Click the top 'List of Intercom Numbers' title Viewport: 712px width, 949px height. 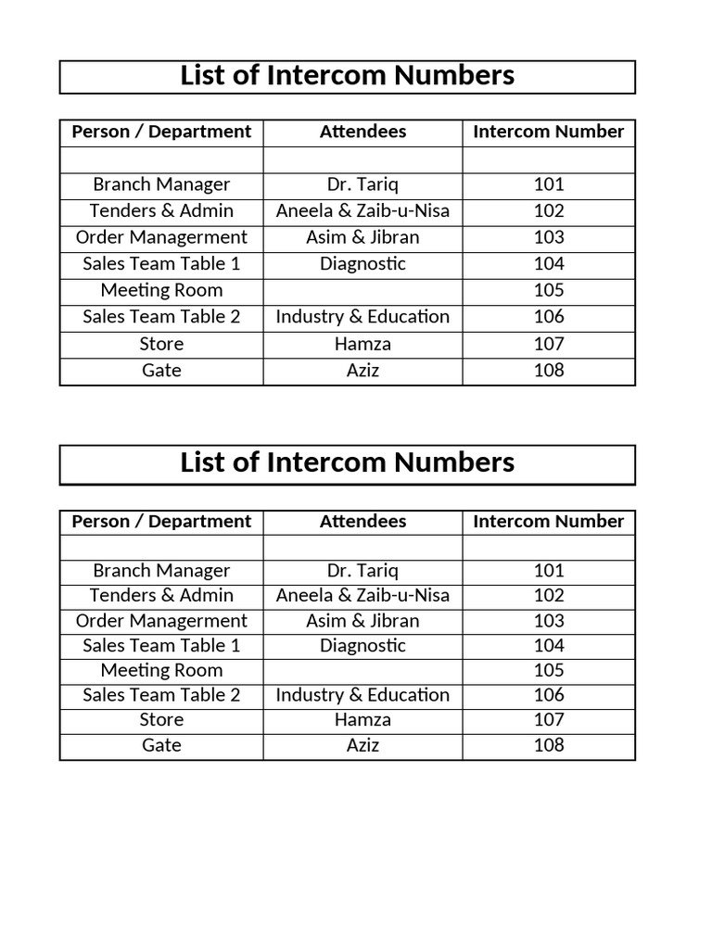click(x=347, y=76)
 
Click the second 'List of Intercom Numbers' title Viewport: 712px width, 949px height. click(x=347, y=462)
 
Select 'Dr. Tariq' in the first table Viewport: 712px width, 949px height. click(x=362, y=184)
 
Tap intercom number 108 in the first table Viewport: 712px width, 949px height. click(x=549, y=371)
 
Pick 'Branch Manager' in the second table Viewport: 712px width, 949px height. click(x=161, y=571)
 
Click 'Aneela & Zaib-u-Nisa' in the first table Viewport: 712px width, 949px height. click(x=362, y=210)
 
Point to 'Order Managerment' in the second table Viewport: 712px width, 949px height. click(x=161, y=621)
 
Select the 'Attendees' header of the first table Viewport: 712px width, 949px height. click(x=362, y=132)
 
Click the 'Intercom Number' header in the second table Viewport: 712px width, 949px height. click(x=549, y=522)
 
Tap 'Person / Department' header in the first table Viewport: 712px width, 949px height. click(x=161, y=132)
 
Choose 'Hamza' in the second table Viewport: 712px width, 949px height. click(x=362, y=720)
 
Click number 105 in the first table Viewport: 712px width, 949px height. click(x=549, y=290)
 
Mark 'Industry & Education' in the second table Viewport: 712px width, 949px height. click(x=362, y=695)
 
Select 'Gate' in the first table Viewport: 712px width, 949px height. click(x=161, y=371)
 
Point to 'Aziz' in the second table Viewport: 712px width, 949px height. click(x=362, y=745)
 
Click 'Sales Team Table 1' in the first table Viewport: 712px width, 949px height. click(x=161, y=263)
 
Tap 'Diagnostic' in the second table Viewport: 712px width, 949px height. click(x=362, y=645)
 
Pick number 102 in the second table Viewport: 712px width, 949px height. click(x=549, y=595)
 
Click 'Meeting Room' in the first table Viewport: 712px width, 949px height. click(x=161, y=290)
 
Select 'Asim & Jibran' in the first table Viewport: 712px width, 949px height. click(x=362, y=237)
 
